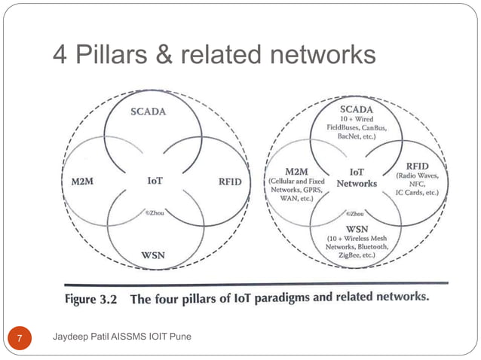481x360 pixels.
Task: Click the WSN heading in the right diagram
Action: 357,229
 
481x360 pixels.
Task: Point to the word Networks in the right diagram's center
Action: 357,183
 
